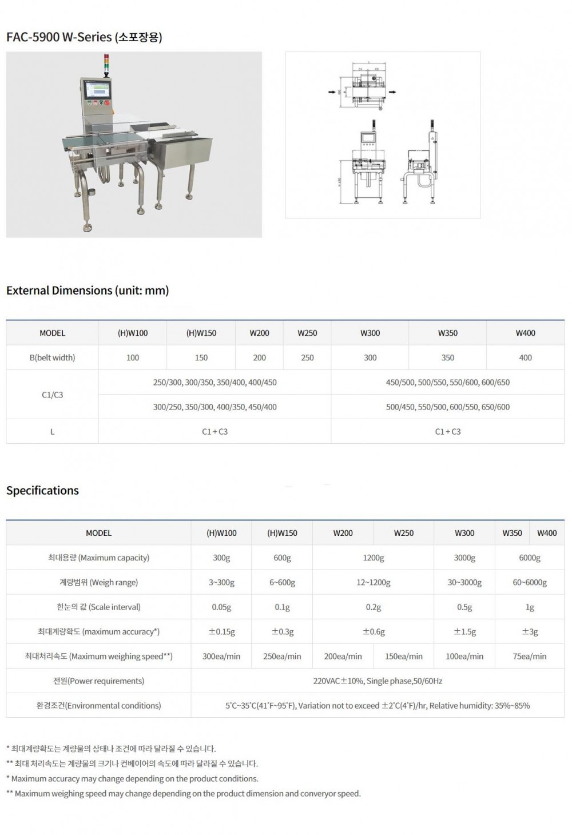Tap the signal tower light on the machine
(105, 64)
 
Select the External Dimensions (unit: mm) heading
(88, 291)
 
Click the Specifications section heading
(42, 491)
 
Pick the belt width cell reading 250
(307, 358)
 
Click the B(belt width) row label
(52, 358)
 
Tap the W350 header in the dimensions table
(447, 333)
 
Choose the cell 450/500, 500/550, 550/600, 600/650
(447, 383)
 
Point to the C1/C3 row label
(52, 395)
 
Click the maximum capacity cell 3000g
(464, 558)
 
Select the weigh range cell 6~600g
(282, 583)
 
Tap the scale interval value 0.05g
(221, 607)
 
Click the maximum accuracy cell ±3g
(530, 632)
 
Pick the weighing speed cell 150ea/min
(404, 657)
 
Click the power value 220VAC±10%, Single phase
(378, 681)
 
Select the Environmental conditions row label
(98, 706)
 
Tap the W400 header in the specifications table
(547, 533)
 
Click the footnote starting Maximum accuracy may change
(134, 779)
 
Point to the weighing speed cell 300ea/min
(221, 657)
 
